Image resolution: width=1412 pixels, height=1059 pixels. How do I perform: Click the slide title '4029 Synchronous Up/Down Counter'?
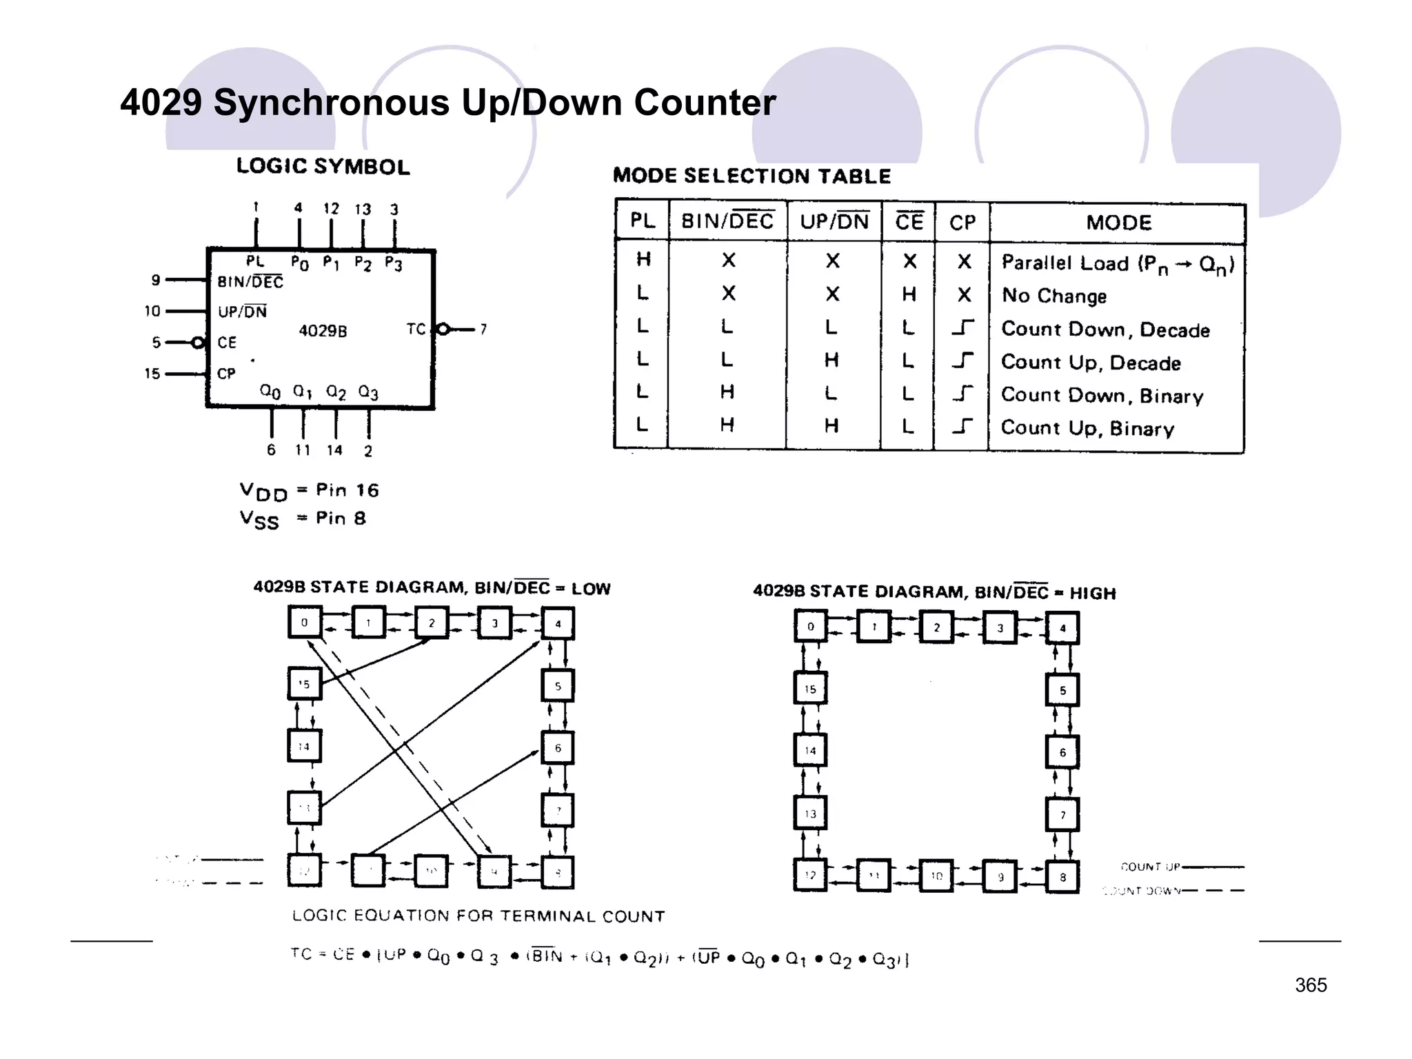[x=447, y=103]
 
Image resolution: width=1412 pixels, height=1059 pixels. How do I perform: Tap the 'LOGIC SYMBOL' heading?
[x=323, y=166]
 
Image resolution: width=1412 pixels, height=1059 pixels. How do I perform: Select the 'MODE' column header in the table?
[x=1118, y=223]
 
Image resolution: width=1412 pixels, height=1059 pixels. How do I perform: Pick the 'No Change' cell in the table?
[x=1053, y=296]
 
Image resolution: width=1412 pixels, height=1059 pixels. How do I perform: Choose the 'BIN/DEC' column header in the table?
[x=727, y=221]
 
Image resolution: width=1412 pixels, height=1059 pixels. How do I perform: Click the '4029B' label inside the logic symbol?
[x=323, y=331]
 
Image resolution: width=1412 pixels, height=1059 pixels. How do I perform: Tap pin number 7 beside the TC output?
[x=483, y=330]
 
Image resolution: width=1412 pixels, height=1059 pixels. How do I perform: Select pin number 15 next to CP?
[x=152, y=374]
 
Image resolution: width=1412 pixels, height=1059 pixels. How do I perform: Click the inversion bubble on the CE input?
[x=199, y=343]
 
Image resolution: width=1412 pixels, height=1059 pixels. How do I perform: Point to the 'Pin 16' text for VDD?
[x=347, y=490]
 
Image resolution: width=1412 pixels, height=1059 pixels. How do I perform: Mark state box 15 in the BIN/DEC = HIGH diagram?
[x=810, y=689]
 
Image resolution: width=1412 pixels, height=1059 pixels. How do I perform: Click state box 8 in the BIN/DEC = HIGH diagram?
[x=1062, y=877]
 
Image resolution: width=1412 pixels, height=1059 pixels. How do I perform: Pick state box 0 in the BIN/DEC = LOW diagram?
[x=304, y=623]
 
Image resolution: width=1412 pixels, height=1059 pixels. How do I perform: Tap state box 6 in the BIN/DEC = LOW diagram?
[x=558, y=748]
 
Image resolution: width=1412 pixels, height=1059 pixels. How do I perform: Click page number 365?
[x=1310, y=985]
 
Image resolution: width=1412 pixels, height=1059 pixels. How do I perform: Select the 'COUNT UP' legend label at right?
[x=1150, y=867]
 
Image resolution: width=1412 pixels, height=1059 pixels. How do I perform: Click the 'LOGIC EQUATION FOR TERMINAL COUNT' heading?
[x=478, y=916]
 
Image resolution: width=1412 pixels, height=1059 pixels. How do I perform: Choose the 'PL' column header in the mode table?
[x=642, y=221]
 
